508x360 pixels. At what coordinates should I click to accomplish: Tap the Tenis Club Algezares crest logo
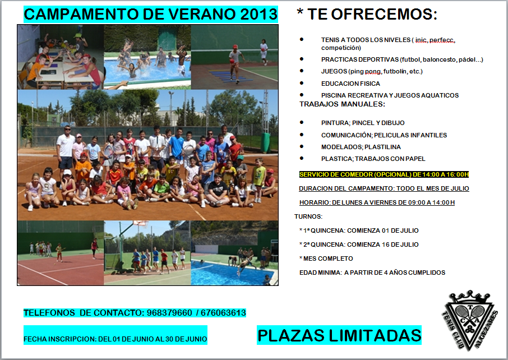469,320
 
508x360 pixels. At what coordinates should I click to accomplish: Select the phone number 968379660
169,313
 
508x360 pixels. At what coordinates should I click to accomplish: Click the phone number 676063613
223,313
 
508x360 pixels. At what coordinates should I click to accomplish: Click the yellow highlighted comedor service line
384,174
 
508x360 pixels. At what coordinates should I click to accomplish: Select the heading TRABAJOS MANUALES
342,104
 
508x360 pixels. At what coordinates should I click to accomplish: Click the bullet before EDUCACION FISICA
302,83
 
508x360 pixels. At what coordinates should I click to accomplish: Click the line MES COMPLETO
326,259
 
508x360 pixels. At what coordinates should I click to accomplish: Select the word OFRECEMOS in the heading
384,14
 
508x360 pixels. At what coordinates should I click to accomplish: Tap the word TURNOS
308,216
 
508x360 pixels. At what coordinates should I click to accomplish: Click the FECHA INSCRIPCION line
116,339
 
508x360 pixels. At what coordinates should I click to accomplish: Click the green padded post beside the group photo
265,142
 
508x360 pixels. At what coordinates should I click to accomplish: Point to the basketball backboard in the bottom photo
141,223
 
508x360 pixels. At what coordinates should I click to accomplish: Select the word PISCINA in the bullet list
332,95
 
